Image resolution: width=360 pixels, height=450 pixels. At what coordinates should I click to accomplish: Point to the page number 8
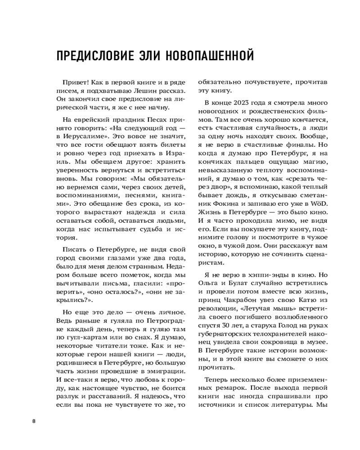pos(34,421)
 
